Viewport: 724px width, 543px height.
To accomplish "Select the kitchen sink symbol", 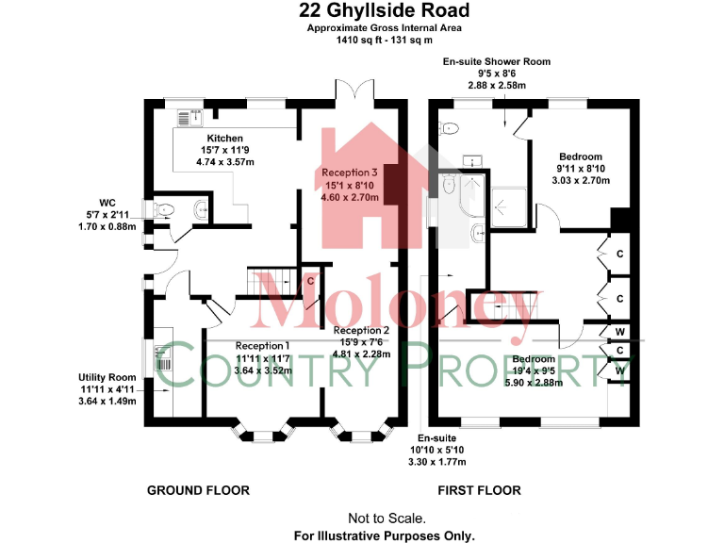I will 195,116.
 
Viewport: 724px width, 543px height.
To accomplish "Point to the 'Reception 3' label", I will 350,173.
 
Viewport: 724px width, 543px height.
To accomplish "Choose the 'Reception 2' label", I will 361,331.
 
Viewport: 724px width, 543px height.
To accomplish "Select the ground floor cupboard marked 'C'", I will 310,280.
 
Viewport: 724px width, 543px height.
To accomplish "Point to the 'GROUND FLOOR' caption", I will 198,490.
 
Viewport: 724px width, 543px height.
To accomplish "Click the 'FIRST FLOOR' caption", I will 479,490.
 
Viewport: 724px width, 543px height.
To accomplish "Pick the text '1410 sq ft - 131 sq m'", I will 384,40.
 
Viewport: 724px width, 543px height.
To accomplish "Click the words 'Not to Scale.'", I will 387,518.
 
